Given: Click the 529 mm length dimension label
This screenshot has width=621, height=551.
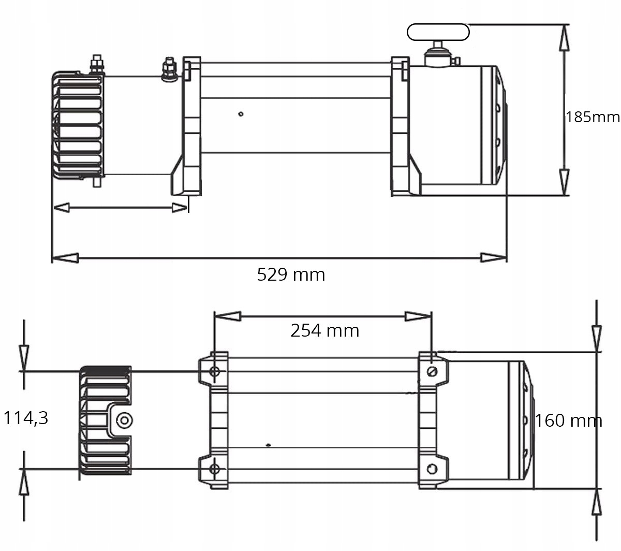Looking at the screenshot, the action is pos(291,274).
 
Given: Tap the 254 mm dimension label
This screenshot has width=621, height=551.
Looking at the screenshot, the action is pos(324,331).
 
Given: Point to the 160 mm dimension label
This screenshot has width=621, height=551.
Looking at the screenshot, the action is pos(569,421).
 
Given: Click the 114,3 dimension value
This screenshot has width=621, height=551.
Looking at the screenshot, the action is pos(26,418).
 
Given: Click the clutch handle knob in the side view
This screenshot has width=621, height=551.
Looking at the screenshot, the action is pos(438,32).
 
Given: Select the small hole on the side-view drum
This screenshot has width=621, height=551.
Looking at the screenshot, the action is pos(241,114).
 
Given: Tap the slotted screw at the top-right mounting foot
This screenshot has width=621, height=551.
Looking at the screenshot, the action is pos(432,372).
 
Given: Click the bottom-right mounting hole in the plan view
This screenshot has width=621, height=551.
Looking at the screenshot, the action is pos(432,469).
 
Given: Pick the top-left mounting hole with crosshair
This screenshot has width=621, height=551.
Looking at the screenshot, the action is pos(215,372).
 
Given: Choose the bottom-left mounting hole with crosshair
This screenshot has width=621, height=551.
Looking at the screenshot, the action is pos(215,469).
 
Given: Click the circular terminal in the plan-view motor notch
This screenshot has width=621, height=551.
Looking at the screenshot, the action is pos(124,421).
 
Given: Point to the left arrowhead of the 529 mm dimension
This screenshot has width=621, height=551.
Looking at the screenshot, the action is pos(65,258).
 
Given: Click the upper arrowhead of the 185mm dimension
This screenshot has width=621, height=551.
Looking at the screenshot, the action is pos(564,37).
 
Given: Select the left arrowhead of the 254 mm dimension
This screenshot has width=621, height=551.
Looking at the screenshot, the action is pos(227,316).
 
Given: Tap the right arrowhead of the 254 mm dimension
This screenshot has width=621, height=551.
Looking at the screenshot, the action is pos(418,316).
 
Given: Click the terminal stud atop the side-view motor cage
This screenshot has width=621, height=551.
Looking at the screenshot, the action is pos(97,65).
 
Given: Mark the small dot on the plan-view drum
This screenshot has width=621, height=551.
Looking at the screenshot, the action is pos(269,445).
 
